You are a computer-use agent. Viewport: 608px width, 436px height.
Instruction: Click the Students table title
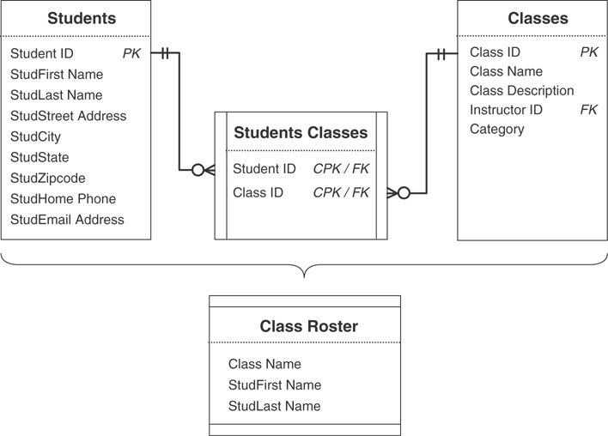(82, 18)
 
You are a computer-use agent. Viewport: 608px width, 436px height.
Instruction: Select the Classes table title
(538, 18)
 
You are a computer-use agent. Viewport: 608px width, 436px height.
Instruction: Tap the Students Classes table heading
(301, 132)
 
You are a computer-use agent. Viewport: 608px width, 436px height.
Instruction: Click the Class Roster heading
(308, 326)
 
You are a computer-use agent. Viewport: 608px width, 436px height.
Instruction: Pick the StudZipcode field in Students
(48, 178)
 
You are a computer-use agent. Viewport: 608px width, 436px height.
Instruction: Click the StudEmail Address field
(67, 219)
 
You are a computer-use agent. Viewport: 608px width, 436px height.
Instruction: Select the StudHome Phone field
(63, 198)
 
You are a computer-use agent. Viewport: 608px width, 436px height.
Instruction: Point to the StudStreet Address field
(68, 116)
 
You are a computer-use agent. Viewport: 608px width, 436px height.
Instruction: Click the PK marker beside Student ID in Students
(131, 53)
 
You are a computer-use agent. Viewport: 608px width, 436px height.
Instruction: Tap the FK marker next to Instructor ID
(588, 110)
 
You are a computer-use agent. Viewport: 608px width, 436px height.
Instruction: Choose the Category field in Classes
(496, 129)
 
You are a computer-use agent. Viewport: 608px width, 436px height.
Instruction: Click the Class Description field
(521, 90)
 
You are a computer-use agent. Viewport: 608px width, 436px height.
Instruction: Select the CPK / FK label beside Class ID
(341, 192)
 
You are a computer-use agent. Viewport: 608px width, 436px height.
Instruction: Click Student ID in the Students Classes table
(264, 169)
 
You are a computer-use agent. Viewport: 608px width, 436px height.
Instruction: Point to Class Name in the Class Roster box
(264, 364)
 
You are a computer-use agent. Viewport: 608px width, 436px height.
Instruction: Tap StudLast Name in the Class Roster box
(274, 406)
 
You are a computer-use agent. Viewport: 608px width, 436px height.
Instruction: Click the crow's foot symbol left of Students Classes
(204, 170)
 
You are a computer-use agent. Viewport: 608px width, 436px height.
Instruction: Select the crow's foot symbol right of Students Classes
(398, 193)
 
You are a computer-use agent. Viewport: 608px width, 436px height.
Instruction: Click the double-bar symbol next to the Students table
(163, 53)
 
